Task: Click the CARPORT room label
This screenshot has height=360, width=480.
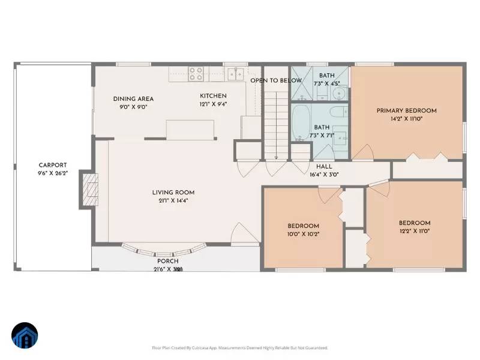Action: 53,165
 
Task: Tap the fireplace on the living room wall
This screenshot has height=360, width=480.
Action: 89,191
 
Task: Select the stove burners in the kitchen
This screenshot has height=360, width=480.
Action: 196,73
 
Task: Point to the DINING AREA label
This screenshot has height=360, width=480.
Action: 133,99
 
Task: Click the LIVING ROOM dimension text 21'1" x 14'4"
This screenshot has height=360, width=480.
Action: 173,201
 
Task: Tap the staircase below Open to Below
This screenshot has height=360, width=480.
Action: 276,126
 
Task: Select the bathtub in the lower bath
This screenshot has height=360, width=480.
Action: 301,123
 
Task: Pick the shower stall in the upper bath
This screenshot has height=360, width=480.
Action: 301,85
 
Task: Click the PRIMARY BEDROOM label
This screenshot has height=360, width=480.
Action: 406,110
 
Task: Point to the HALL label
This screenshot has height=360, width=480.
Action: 324,167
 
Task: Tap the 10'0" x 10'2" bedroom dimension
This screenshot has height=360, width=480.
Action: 303,234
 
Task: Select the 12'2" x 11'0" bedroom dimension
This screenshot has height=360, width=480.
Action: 415,230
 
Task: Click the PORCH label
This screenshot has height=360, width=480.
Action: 167,261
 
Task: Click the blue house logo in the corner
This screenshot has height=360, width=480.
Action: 25,335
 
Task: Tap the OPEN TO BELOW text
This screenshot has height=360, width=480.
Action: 276,80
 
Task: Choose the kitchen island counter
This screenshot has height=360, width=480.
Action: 190,129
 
